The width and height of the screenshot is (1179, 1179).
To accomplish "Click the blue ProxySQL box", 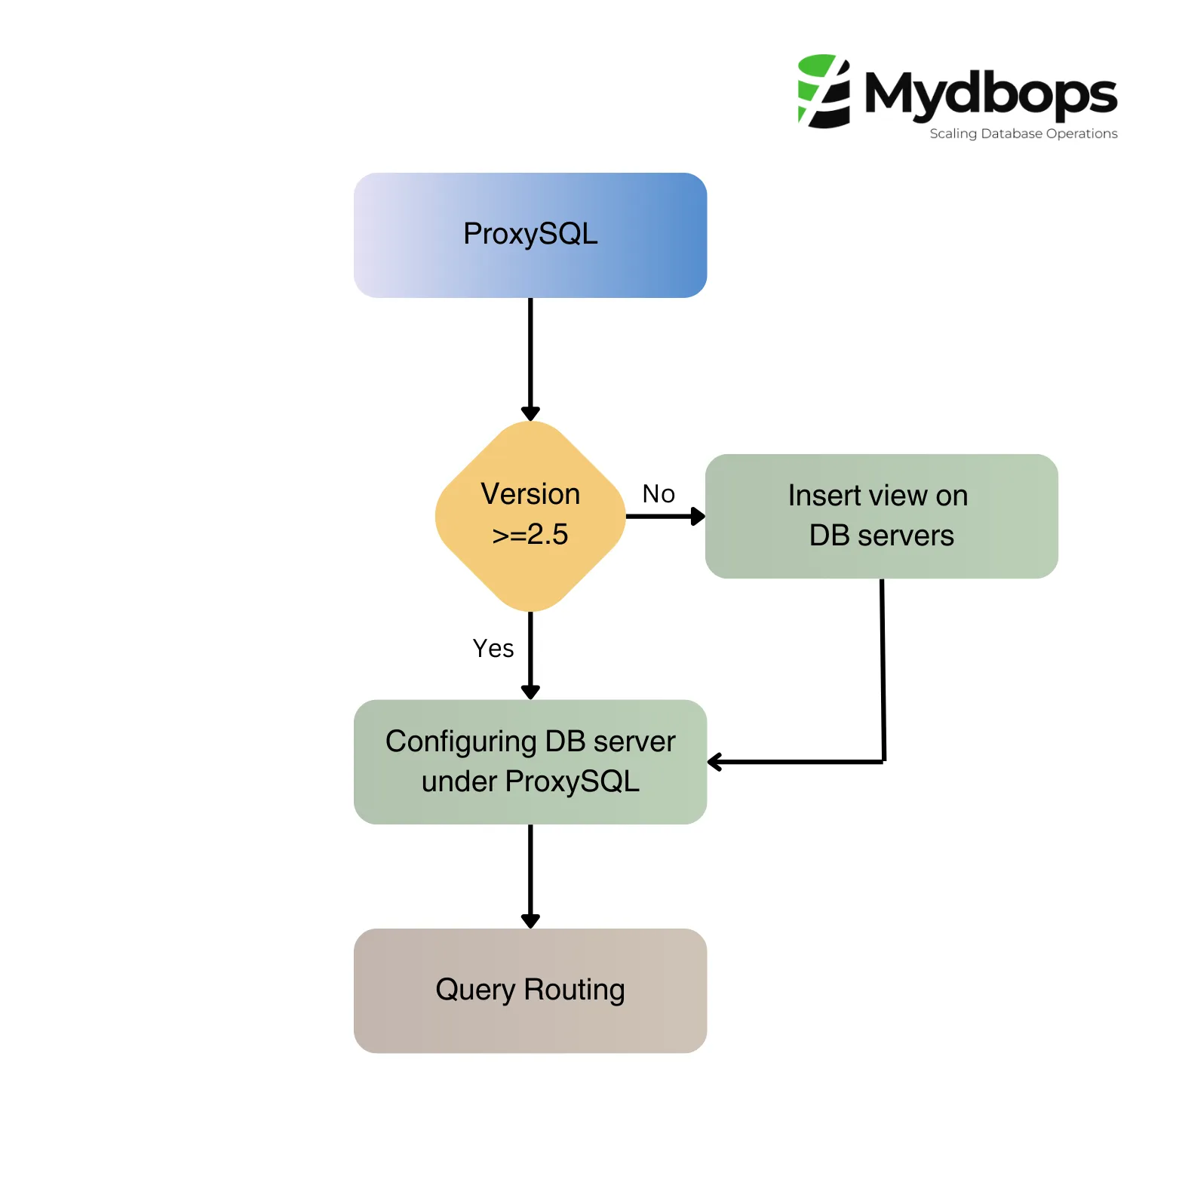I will tap(530, 235).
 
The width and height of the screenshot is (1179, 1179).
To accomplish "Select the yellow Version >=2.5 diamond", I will tap(530, 516).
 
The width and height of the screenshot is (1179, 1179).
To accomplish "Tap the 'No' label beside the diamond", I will tap(659, 494).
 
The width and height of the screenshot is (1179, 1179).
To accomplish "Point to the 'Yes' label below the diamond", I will tap(493, 649).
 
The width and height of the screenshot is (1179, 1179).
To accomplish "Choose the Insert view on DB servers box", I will tap(881, 516).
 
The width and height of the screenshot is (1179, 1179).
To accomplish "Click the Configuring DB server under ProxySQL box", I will tap(530, 762).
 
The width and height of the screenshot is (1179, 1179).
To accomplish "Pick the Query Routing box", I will tap(530, 990).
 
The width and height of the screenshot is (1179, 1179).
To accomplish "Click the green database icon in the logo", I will tap(824, 91).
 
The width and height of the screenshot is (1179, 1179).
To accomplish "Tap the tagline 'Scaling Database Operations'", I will tap(1023, 134).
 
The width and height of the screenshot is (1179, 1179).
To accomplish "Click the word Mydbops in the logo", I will tap(990, 94).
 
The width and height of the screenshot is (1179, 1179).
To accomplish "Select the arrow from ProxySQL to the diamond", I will tap(530, 355).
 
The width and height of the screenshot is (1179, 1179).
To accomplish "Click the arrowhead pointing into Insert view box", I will tap(698, 517).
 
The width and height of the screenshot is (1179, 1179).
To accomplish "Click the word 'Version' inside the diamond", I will tap(530, 495).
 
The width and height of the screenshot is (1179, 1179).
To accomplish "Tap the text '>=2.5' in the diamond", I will tap(530, 535).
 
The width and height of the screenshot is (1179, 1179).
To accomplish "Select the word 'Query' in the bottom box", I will tap(475, 990).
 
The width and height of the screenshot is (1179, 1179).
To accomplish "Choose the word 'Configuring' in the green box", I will tap(461, 742).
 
